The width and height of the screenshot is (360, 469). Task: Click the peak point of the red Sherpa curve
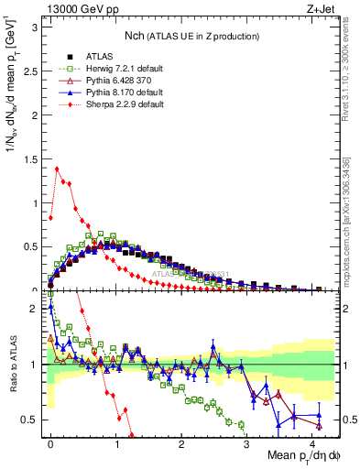click(x=58, y=169)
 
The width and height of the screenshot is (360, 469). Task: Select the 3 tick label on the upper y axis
click(x=35, y=26)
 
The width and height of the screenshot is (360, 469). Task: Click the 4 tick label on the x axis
click(x=312, y=442)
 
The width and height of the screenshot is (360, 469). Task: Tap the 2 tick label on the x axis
click(x=182, y=442)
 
